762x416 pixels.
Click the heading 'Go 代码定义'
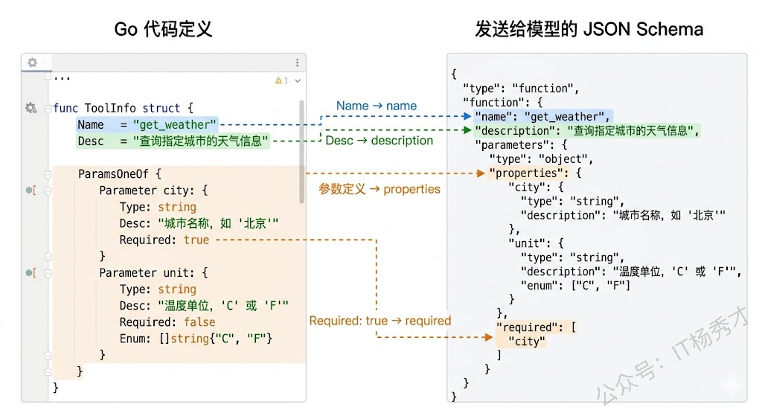pos(163,29)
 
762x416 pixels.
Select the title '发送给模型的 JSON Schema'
pos(589,29)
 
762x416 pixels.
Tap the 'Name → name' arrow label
pos(376,106)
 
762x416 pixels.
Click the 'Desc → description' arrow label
pos(379,140)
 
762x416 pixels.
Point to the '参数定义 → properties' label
pos(380,189)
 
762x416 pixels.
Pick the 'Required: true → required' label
pos(380,321)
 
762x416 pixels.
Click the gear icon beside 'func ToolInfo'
pos(31,108)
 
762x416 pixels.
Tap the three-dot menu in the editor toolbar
pos(297,63)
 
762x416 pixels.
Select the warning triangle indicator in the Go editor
pos(280,80)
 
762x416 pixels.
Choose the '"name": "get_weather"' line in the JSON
pos(542,116)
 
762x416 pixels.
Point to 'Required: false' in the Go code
pos(167,322)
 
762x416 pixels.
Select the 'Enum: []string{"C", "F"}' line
pos(196,339)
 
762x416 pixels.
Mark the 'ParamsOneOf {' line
pos(119,174)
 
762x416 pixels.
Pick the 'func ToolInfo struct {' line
pos(123,108)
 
